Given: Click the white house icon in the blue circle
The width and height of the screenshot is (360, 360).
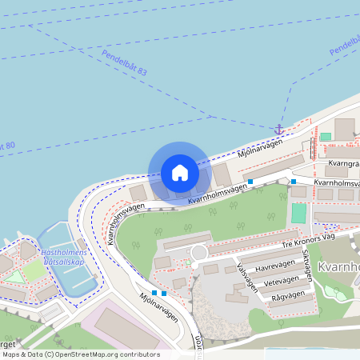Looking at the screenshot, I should (179, 173).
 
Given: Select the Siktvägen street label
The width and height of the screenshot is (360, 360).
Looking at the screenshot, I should (308, 262).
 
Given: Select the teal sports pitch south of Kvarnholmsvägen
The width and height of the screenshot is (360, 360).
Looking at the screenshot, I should (298, 213).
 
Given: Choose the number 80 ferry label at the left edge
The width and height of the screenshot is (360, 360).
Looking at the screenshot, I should (8, 146).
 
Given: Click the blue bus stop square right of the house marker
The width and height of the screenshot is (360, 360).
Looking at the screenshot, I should (250, 182).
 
